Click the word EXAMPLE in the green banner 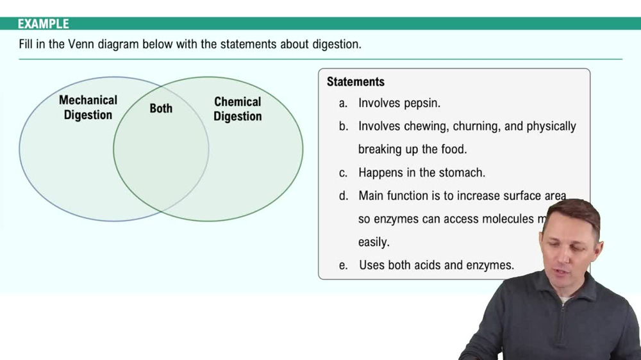43,24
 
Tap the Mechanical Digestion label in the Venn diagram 88,108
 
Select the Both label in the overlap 161,108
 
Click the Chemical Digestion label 237,109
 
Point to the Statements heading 355,82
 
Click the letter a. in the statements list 344,103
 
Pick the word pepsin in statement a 422,103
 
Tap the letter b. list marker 344,127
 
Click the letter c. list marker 344,173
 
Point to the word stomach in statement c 463,173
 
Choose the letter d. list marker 344,196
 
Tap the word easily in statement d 374,243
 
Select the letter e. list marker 344,265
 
